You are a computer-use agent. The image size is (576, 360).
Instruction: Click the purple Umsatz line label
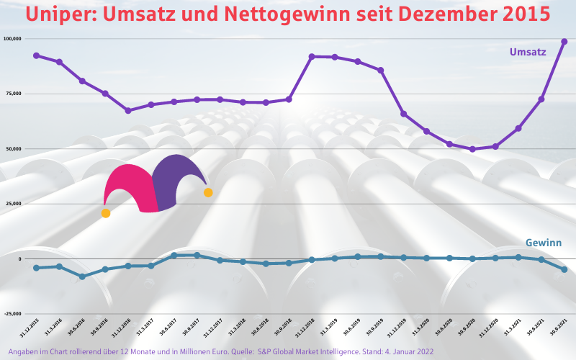pos(528,52)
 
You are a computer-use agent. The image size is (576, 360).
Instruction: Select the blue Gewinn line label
pos(543,243)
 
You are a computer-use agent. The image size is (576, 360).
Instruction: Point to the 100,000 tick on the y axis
pos(12,38)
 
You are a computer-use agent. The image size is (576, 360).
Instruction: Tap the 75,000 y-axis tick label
pos(13,94)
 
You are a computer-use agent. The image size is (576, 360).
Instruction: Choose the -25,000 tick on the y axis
pos(12,314)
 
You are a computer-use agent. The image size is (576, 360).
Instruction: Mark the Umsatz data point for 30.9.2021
pos(564,42)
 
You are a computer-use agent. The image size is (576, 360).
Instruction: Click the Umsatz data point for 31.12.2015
pos(36,55)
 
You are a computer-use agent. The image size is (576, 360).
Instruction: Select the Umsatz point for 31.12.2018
pos(312,56)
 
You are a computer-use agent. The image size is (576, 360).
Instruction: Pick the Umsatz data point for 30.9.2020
pos(472,149)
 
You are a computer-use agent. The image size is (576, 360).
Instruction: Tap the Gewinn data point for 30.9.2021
pos(564,269)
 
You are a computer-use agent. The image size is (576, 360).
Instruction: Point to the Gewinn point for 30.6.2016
pos(82,276)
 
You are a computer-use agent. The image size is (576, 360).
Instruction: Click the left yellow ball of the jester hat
pos(106,213)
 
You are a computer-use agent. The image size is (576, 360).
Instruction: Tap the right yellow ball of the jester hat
pos(208,192)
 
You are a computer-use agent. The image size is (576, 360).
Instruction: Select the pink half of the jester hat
pos(133,187)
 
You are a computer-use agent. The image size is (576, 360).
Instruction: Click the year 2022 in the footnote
pos(423,351)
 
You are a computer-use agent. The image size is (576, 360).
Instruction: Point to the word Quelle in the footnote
pos(238,351)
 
